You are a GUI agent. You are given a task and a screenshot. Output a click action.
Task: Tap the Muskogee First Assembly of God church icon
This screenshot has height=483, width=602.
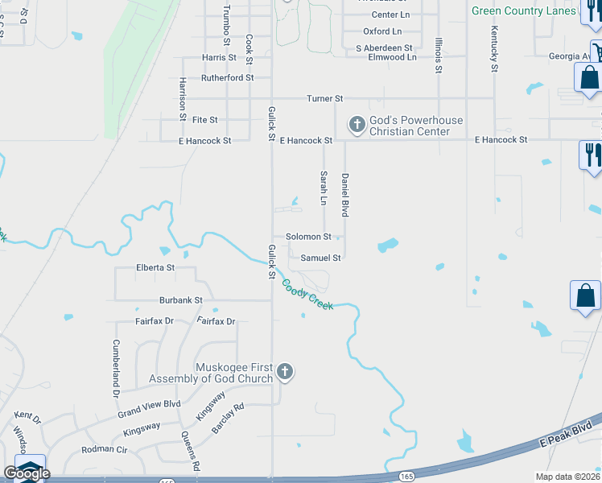(284, 372)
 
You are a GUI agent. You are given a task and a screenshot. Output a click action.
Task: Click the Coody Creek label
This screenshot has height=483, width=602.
(307, 294)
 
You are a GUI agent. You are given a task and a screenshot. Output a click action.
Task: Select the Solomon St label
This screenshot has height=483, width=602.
(310, 237)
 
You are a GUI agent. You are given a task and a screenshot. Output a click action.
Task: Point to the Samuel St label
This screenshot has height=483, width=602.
(321, 258)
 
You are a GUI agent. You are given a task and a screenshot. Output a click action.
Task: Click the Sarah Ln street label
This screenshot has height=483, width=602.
(324, 187)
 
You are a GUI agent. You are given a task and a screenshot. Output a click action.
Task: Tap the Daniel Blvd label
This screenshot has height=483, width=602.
(345, 195)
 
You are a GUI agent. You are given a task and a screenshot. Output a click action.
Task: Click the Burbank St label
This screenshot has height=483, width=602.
(180, 300)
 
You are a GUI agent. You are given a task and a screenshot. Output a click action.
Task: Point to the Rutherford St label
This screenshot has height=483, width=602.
(227, 78)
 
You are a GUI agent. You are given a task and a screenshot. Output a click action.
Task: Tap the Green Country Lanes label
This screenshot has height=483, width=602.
(523, 10)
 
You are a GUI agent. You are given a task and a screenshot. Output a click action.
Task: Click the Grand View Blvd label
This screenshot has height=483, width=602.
(149, 408)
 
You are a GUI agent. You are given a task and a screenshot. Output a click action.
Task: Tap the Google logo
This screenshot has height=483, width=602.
(27, 473)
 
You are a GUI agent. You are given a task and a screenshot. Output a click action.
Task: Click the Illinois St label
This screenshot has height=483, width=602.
(439, 55)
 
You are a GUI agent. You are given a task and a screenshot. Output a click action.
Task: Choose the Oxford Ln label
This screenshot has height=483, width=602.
(382, 31)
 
